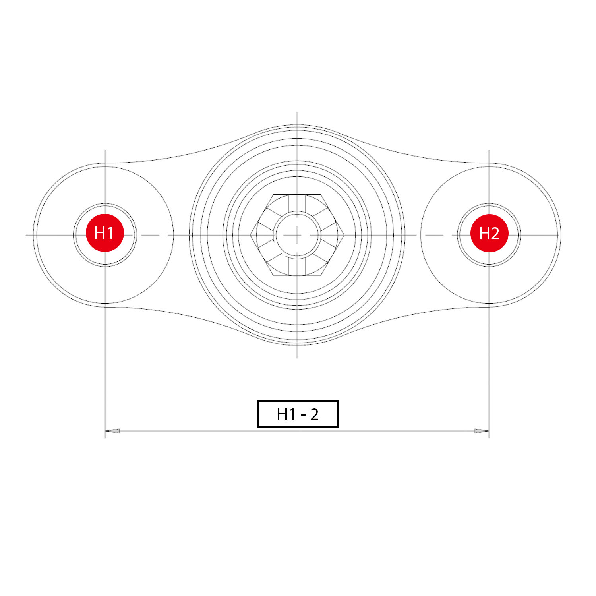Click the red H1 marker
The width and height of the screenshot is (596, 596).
tap(105, 233)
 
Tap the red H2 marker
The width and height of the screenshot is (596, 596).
tap(489, 233)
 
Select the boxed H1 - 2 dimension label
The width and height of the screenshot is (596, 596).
tap(298, 414)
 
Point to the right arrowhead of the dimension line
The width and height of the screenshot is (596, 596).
tap(482, 431)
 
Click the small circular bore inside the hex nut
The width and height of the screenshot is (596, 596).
tap(297, 235)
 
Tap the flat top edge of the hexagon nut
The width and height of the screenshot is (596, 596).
tap(297, 195)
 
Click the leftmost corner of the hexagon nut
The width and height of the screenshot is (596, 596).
tap(250, 235)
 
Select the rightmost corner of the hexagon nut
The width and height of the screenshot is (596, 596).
tap(344, 235)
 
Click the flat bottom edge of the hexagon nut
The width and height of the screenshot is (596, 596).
tap(297, 275)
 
